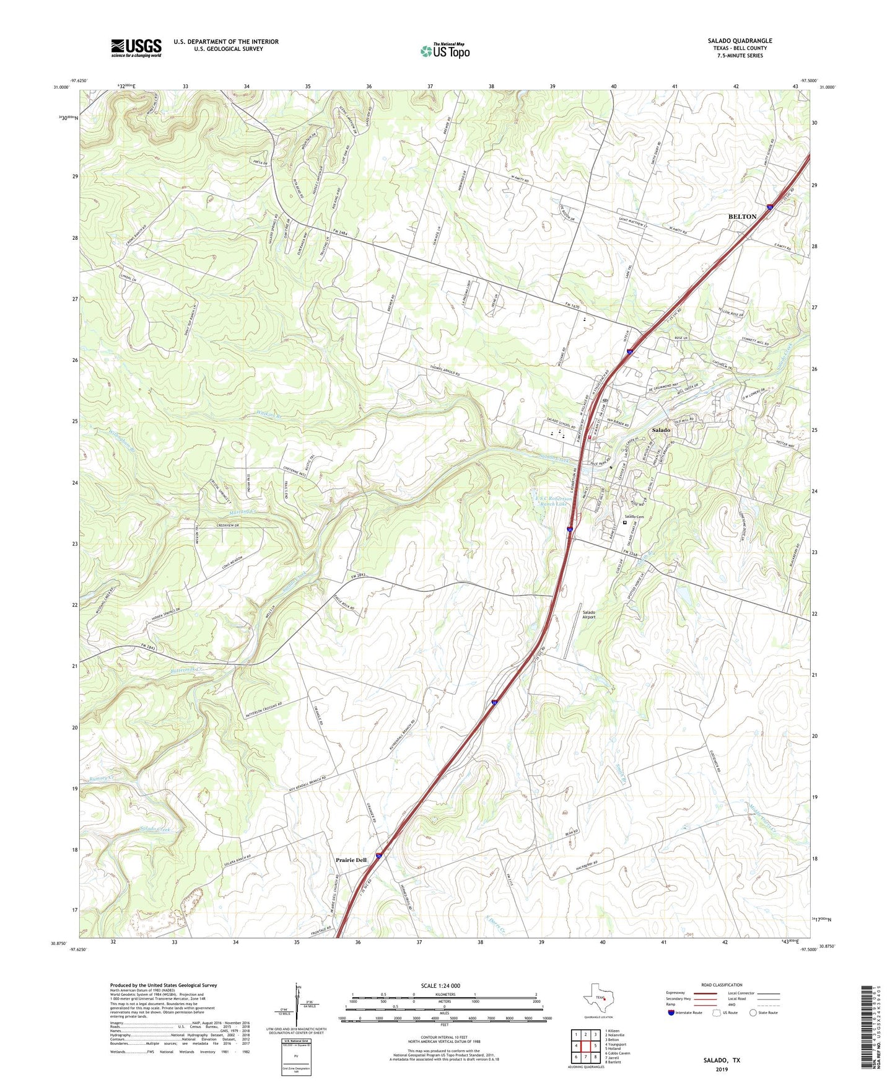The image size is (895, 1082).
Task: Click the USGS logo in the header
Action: pyautogui.click(x=136, y=48)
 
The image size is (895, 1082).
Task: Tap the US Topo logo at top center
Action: pyautogui.click(x=445, y=51)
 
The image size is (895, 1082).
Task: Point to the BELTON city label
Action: pyautogui.click(x=742, y=216)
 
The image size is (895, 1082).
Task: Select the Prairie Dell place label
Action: pyautogui.click(x=351, y=860)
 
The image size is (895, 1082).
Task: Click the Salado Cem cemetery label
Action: pyautogui.click(x=634, y=517)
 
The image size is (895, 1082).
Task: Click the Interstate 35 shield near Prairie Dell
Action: pyautogui.click(x=378, y=856)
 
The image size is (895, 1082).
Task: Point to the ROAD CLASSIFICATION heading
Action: pyautogui.click(x=722, y=985)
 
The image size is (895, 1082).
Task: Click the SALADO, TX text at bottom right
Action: pyautogui.click(x=722, y=1060)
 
